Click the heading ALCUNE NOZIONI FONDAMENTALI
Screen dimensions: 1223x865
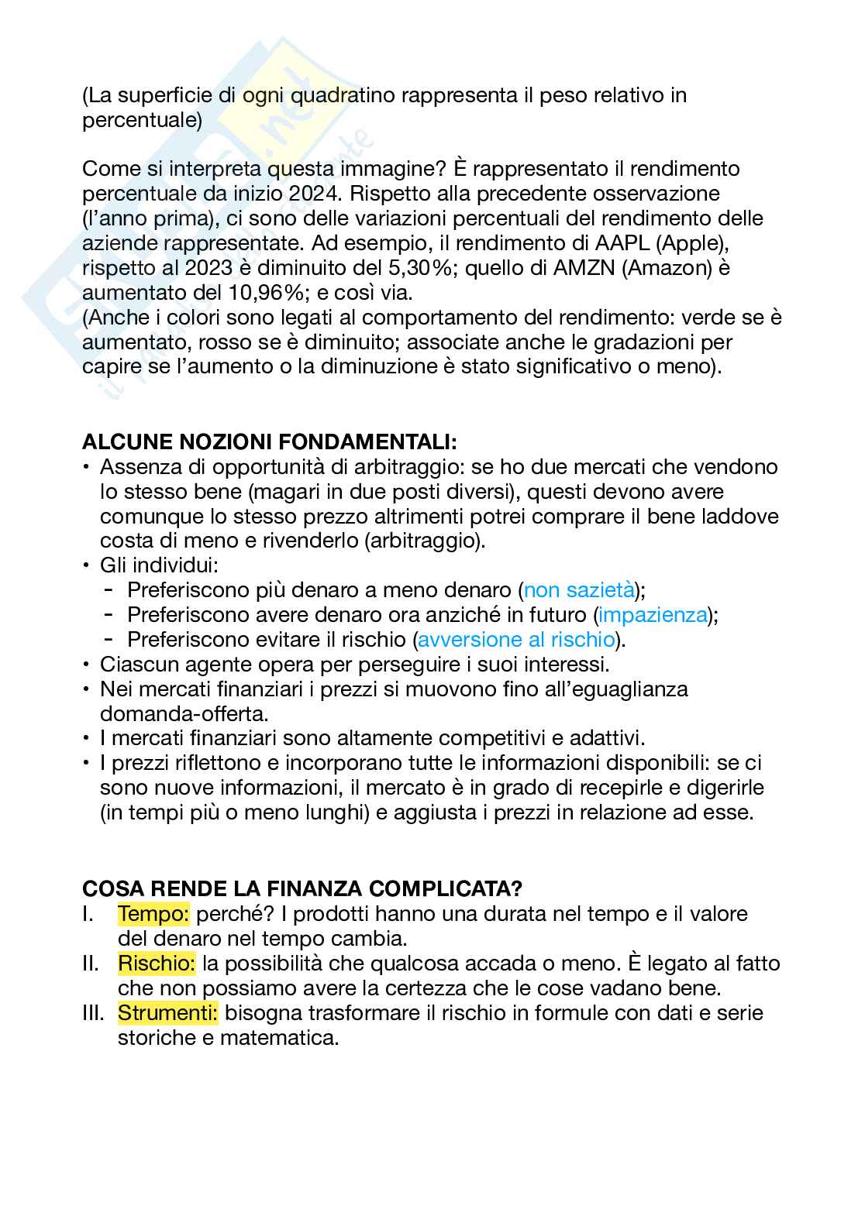269,443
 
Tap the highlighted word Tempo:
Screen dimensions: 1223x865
153,914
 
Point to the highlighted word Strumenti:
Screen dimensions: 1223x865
168,1013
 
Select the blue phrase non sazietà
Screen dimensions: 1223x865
579,590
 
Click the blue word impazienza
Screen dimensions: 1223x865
653,615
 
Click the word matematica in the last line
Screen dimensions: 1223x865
280,1038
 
